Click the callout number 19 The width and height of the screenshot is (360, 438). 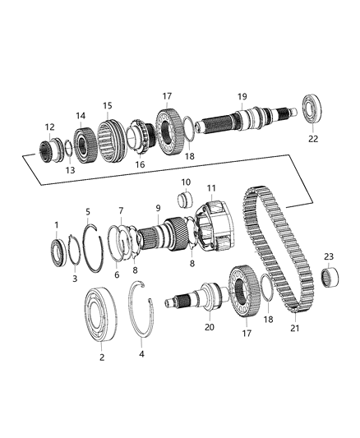click(242, 95)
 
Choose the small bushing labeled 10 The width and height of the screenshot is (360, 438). click(185, 200)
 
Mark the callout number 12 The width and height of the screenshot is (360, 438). click(49, 127)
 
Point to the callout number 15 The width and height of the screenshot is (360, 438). click(107, 105)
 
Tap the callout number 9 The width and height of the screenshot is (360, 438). click(158, 209)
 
